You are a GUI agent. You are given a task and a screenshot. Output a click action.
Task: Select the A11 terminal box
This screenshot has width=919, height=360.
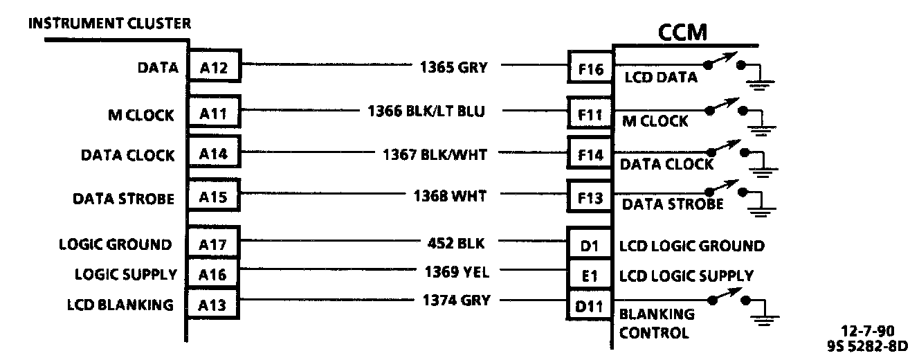point(214,113)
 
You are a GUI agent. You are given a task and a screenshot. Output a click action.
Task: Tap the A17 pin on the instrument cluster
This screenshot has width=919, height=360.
point(214,244)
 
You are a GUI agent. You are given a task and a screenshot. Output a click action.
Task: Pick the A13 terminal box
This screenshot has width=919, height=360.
point(214,304)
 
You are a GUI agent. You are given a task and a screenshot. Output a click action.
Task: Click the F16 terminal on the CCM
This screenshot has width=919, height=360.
point(590,68)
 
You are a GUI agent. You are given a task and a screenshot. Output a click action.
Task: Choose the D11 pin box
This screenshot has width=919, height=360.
point(590,304)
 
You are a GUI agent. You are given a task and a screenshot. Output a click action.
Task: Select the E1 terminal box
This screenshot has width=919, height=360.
point(590,275)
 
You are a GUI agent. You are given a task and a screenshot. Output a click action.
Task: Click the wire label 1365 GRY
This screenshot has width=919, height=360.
point(453,67)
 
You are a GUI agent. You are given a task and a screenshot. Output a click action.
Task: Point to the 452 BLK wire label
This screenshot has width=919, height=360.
point(457,243)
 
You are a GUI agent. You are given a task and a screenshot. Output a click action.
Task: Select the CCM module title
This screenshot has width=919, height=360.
point(681,32)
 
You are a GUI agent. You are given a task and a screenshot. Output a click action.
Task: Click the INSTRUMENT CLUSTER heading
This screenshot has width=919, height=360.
point(109,24)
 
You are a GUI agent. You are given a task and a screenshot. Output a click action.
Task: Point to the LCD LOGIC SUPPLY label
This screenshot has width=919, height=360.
point(686,276)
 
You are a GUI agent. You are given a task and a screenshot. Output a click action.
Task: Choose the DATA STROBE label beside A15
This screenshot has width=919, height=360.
point(123,199)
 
